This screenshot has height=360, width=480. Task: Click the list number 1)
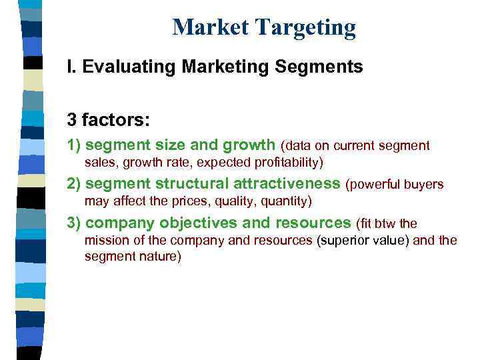[x=74, y=145]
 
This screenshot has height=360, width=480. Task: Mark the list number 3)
[x=74, y=223]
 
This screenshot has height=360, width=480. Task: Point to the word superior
[x=339, y=240]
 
